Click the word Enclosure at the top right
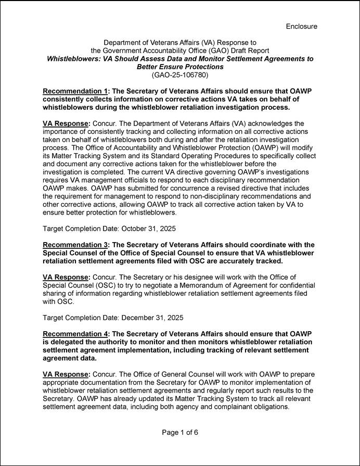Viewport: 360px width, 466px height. tap(301, 26)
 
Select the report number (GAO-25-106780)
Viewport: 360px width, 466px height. tap(179, 75)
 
